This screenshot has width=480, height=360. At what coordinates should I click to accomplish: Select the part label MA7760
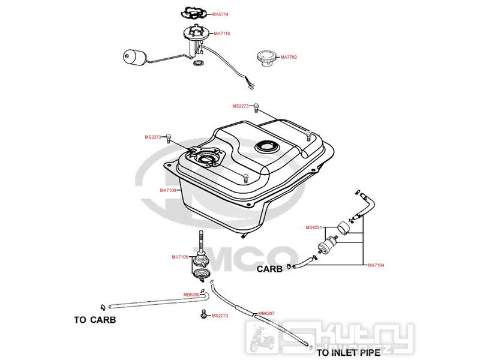pos(289,58)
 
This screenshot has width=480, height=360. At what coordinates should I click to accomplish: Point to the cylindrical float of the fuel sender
pos(134,56)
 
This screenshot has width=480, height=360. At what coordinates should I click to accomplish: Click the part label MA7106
pos(168,191)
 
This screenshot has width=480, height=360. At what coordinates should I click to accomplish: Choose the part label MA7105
pos(180,257)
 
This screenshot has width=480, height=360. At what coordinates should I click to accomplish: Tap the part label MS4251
pos(314,228)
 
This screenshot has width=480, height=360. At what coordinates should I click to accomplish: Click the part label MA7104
pos(377,265)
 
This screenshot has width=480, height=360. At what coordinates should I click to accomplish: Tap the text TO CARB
pos(95,320)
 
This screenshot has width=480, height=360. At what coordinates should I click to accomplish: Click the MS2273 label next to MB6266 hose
pos(221,315)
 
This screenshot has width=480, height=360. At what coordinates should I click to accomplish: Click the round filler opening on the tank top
pos(265,147)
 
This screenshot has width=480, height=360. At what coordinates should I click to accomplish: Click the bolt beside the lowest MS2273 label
pos(205,314)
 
